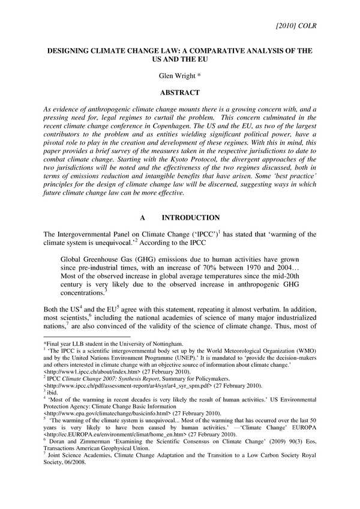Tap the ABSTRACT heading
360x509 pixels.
click(x=179, y=93)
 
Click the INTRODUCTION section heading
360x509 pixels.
click(x=191, y=217)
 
